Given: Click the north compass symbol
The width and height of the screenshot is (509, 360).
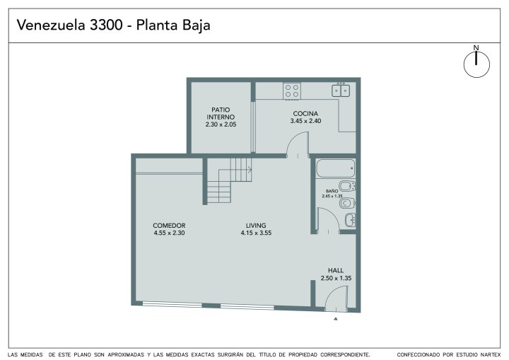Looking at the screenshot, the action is (x=476, y=64).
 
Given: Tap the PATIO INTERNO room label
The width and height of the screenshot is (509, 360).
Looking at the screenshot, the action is (x=221, y=113).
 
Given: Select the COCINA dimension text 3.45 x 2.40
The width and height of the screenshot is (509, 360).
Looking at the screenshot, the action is (x=305, y=121).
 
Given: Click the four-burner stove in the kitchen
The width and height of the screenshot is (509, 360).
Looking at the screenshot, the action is (x=292, y=91).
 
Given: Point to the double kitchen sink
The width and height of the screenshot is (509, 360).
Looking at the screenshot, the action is (x=341, y=90).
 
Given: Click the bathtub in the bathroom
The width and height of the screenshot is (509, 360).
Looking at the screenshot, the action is (x=335, y=168).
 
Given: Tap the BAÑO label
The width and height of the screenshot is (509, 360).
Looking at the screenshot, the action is (x=332, y=191).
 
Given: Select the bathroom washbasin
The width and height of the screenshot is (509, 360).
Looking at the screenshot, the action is (x=350, y=220).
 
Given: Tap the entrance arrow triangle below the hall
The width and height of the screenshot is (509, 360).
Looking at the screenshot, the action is (x=336, y=319).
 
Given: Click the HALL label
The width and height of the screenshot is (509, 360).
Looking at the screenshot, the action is (x=336, y=270).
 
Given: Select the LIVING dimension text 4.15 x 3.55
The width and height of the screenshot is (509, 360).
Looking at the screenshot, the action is (x=256, y=233).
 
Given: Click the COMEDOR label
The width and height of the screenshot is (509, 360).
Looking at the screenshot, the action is (x=169, y=226).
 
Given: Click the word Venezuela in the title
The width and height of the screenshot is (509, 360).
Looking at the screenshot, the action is (x=51, y=25).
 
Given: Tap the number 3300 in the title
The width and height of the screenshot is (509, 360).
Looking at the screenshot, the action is (x=106, y=25).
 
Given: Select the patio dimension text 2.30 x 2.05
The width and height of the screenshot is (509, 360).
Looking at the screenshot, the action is (x=221, y=124).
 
